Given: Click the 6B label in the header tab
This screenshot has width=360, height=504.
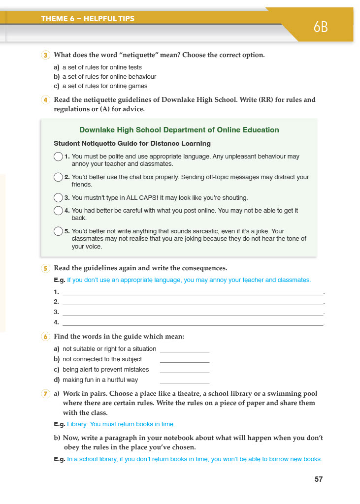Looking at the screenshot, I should [x=321, y=28].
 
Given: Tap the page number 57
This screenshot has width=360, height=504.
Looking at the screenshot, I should [x=319, y=479].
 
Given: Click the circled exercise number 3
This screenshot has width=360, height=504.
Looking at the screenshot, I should [x=45, y=55].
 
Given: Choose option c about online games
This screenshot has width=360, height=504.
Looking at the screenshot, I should [x=100, y=86].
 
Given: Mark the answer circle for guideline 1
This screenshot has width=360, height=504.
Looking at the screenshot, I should [x=58, y=157].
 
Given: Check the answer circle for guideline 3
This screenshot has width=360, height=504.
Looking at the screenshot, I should [x=58, y=198].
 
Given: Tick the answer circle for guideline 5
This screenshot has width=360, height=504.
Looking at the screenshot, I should [x=58, y=231].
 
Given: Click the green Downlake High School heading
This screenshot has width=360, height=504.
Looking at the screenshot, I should [x=179, y=130].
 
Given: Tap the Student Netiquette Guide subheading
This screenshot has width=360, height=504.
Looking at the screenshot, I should [x=132, y=144].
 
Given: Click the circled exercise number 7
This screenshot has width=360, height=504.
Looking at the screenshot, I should [x=45, y=394].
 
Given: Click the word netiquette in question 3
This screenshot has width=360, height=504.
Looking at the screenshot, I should [x=155, y=55].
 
